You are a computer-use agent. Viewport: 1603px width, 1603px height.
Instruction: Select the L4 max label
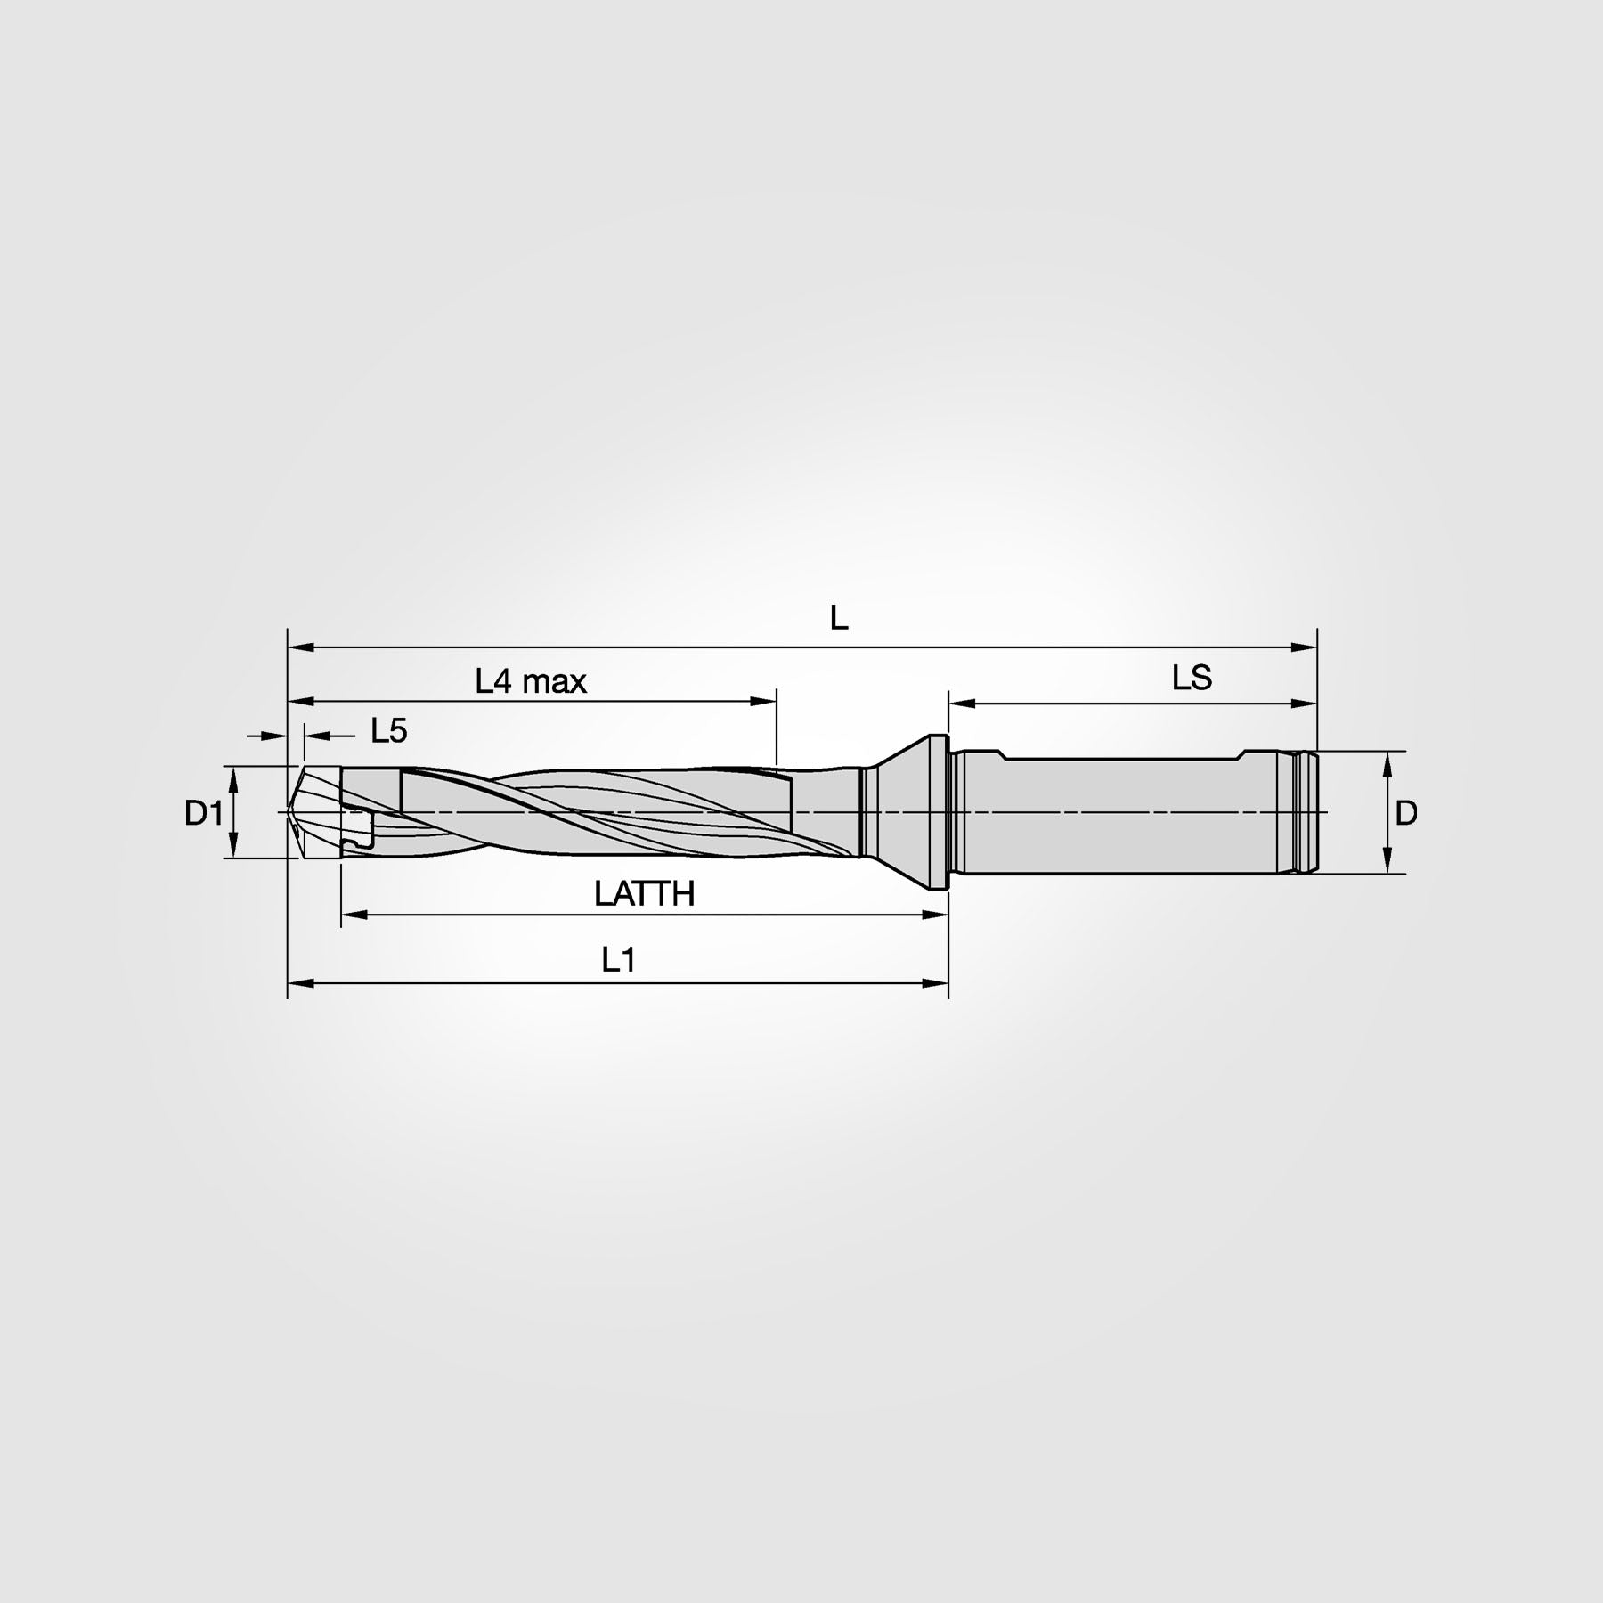coord(531,682)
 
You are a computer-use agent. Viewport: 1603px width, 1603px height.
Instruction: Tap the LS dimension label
coord(1192,679)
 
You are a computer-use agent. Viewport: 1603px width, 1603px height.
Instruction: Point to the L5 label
coord(388,732)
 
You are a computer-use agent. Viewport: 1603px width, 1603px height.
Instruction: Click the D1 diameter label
coord(203,813)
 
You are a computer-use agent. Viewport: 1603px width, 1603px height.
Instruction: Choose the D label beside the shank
coord(1405,813)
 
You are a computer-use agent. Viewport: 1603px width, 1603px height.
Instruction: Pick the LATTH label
coord(644,894)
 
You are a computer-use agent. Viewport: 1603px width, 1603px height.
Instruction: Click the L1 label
coord(618,960)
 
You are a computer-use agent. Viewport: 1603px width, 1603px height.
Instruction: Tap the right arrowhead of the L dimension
coord(1305,647)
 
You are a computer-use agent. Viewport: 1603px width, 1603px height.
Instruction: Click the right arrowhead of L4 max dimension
coord(764,702)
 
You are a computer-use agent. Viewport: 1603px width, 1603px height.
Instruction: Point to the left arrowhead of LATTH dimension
coord(354,914)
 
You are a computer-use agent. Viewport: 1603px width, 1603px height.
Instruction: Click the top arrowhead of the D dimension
coord(1387,762)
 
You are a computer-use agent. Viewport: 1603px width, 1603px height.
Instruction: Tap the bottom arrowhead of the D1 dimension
coord(233,846)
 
